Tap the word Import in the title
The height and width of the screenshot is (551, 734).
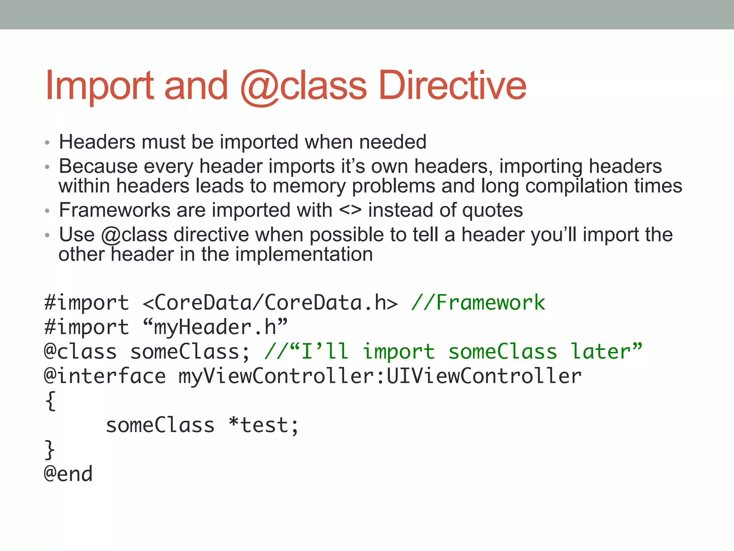(100, 86)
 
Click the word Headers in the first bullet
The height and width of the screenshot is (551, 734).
(97, 142)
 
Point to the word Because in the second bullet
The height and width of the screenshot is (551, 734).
(98, 166)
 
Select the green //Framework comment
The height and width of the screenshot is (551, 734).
(478, 302)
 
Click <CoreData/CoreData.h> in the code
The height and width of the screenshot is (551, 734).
(270, 302)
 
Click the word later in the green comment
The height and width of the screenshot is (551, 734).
(606, 351)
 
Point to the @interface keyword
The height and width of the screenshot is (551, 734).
(105, 376)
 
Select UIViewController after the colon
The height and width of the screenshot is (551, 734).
(484, 376)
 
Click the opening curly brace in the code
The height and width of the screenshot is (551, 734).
(51, 401)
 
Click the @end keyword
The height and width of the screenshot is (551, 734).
(68, 474)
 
